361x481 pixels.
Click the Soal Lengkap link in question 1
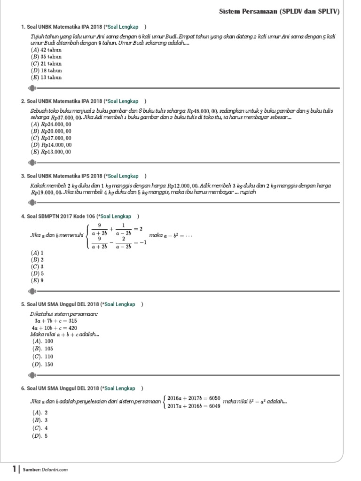tap(123, 27)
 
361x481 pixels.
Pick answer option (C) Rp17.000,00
tap(51, 138)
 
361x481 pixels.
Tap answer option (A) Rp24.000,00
tap(51, 124)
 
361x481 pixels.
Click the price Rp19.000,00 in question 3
tap(47, 193)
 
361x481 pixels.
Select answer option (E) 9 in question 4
tap(37, 280)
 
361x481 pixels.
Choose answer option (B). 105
tap(43, 349)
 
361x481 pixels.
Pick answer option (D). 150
tap(43, 364)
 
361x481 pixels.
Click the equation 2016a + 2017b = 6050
tap(194, 398)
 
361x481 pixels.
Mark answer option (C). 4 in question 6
tap(40, 428)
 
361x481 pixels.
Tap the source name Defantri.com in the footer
tap(55, 469)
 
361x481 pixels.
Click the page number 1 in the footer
tap(15, 468)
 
